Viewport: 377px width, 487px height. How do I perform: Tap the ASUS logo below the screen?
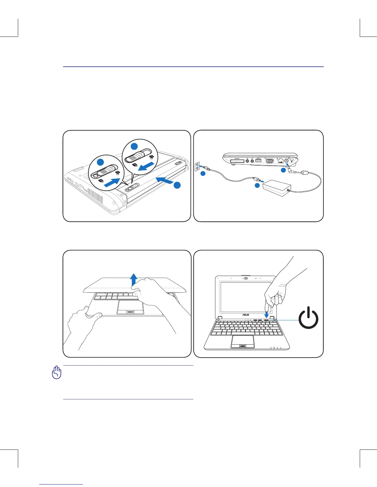pyautogui.click(x=245, y=315)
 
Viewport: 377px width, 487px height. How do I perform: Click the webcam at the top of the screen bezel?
pyautogui.click(x=246, y=279)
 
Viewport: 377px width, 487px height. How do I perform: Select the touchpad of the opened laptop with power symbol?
pyautogui.click(x=243, y=342)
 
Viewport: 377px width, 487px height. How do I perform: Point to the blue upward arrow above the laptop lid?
pyautogui.click(x=133, y=280)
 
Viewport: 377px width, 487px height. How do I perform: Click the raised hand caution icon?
pyautogui.click(x=57, y=373)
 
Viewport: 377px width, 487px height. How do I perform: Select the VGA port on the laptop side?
pyautogui.click(x=270, y=160)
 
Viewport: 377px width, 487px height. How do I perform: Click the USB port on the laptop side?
pyautogui.click(x=258, y=160)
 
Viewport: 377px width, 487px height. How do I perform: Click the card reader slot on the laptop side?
pyautogui.click(x=237, y=161)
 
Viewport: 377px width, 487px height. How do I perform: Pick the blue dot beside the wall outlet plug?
pyautogui.click(x=202, y=174)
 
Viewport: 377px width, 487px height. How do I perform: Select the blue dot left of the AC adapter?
pyautogui.click(x=257, y=186)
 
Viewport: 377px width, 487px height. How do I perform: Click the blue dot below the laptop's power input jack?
pyautogui.click(x=283, y=170)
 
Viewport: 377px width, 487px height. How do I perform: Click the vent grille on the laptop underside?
pyautogui.click(x=95, y=195)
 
